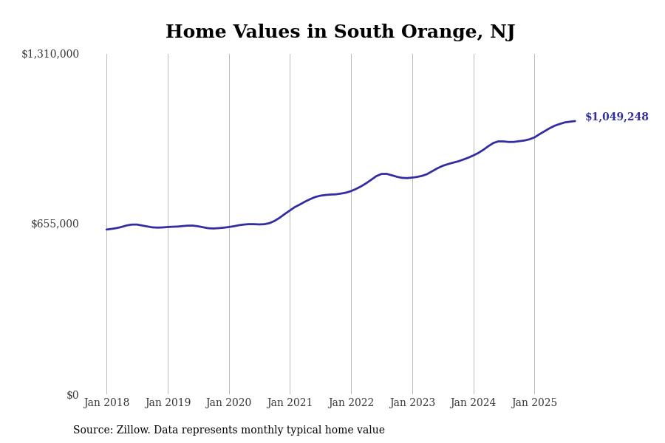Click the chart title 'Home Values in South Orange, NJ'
pyautogui.click(x=340, y=32)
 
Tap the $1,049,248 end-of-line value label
pyautogui.click(x=616, y=117)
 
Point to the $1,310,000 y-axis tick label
pyautogui.click(x=50, y=54)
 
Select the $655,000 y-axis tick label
pyautogui.click(x=55, y=224)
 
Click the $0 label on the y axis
pyautogui.click(x=72, y=395)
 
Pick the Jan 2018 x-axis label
pyautogui.click(x=106, y=403)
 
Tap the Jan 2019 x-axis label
pyautogui.click(x=168, y=403)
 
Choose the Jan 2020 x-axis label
pyautogui.click(x=228, y=403)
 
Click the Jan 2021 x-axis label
pyautogui.click(x=290, y=403)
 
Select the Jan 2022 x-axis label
pyautogui.click(x=351, y=403)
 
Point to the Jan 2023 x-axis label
pyautogui.click(x=412, y=403)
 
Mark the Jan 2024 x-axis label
pyautogui.click(x=474, y=403)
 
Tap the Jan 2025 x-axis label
pyautogui.click(x=534, y=403)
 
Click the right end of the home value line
pyautogui.click(x=575, y=121)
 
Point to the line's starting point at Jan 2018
pyautogui.click(x=106, y=230)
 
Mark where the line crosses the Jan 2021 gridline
pyautogui.click(x=290, y=210)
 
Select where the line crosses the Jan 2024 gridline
pyautogui.click(x=474, y=155)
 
